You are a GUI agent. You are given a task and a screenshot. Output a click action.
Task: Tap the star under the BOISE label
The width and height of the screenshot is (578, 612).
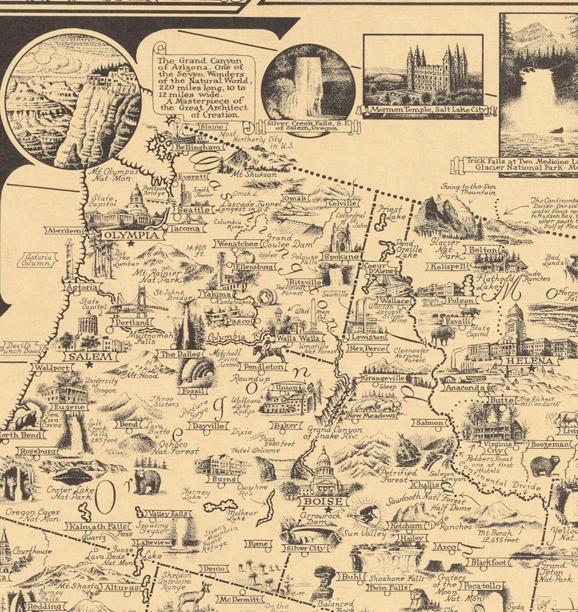pos(329,509)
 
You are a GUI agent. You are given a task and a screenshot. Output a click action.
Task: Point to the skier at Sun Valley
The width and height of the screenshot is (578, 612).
pos(369,516)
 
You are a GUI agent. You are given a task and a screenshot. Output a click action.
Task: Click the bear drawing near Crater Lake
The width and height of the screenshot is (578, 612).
pos(147,481)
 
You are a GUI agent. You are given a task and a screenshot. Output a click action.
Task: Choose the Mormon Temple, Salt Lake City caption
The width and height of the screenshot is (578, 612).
pos(428,109)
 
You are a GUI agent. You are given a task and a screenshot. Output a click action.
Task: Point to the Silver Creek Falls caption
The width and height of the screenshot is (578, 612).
pos(308,126)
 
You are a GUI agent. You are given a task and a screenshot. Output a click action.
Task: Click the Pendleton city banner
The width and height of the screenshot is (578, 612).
pos(264,367)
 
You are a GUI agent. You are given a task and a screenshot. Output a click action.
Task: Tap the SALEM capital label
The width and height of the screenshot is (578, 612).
pos(90,356)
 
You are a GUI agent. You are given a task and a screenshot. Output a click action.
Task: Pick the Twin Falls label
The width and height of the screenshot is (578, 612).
pos(388,588)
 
